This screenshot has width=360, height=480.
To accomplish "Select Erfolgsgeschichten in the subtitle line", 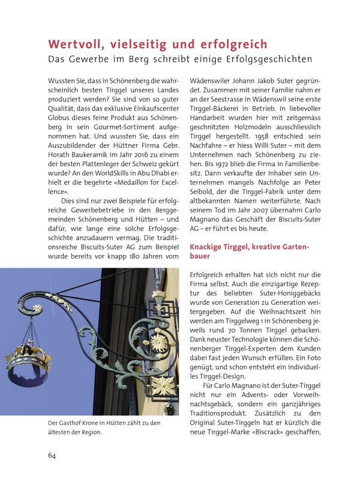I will coord(268,59).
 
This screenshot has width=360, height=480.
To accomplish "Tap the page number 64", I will coord(52,455).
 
